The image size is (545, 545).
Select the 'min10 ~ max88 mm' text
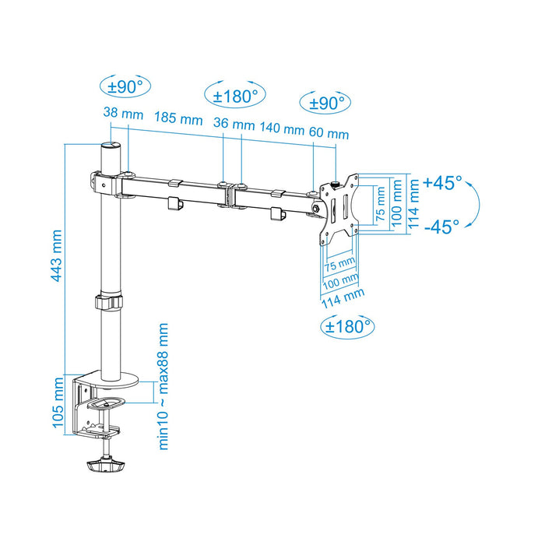(x=164, y=386)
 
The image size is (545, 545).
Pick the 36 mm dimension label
(x=234, y=124)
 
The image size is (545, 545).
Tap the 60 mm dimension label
(x=328, y=133)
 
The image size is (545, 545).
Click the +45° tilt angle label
(x=442, y=183)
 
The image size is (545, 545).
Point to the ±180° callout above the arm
(x=235, y=96)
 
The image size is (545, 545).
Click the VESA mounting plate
(x=339, y=208)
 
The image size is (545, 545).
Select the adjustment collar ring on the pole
(x=110, y=302)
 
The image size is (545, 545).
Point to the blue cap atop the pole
(x=111, y=145)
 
